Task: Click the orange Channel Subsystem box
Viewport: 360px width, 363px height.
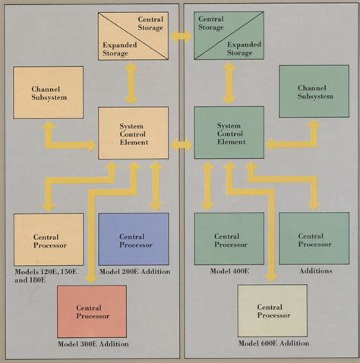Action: (x=48, y=92)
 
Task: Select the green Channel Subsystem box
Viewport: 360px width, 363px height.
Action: (x=314, y=91)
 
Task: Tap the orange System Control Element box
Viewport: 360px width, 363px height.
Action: (x=133, y=133)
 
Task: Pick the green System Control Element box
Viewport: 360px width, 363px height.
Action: (x=229, y=132)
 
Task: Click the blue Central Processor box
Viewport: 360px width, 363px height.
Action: (x=133, y=238)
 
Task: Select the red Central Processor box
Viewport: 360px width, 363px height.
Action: (x=92, y=311)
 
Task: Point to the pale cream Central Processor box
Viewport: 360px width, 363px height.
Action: (x=273, y=311)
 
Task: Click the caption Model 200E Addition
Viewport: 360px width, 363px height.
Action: (x=134, y=272)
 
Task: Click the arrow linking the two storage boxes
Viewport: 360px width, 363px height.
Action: (x=181, y=36)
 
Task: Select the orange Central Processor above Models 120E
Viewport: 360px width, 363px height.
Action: (x=48, y=239)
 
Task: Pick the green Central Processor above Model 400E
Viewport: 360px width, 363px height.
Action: (x=229, y=238)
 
